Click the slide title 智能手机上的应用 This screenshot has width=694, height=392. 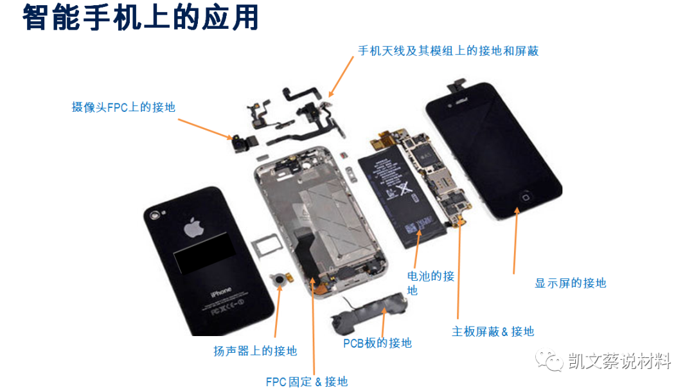141,19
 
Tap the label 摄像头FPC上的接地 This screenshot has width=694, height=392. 123,107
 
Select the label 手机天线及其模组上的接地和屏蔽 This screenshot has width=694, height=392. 448,51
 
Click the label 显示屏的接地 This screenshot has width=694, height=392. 570,283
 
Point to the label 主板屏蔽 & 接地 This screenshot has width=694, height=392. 493,332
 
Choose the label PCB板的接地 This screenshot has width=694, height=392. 377,343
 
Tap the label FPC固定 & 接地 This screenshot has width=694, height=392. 307,382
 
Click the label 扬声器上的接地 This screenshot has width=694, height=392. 255,351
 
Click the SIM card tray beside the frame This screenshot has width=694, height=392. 264,246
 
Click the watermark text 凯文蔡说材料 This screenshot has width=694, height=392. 619,362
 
